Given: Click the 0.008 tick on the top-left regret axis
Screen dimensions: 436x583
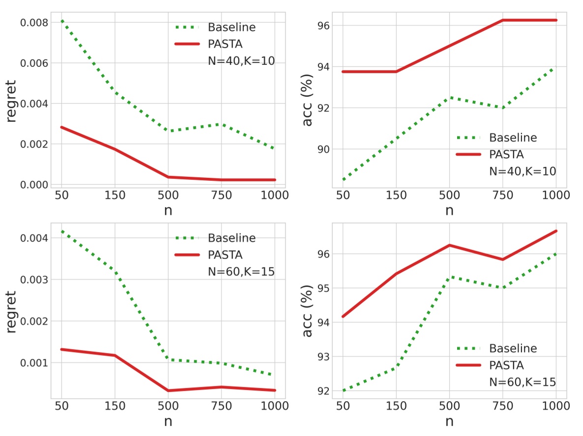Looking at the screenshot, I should pyautogui.click(x=33, y=23).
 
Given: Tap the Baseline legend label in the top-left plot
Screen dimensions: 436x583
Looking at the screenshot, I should pyautogui.click(x=232, y=27).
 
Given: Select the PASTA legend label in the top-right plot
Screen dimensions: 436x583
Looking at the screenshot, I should pyautogui.click(x=506, y=154).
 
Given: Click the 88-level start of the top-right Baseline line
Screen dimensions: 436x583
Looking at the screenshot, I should pyautogui.click(x=343, y=179).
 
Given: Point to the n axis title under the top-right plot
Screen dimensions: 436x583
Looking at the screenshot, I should pyautogui.click(x=449, y=210).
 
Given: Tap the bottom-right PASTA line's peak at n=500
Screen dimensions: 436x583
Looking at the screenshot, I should pyautogui.click(x=449, y=245).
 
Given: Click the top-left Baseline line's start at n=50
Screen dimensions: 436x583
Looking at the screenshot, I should pyautogui.click(x=61, y=20).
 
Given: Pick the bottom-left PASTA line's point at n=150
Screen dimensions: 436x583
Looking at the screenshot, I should pyautogui.click(x=115, y=355).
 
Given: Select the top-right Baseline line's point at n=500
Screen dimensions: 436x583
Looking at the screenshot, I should pyautogui.click(x=449, y=97).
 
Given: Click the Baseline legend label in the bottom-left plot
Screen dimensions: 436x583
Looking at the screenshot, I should pyautogui.click(x=232, y=238).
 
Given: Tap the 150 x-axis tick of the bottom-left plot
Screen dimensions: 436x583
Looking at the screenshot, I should pyautogui.click(x=115, y=406).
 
